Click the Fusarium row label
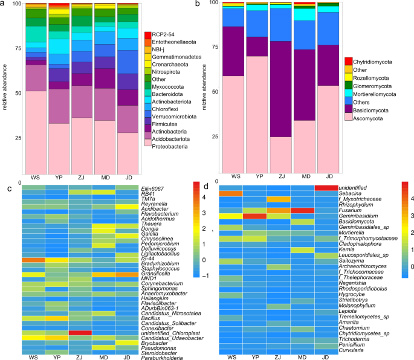click(351, 210)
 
